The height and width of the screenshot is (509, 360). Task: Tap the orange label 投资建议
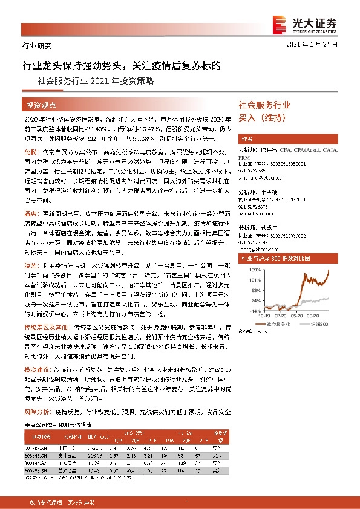pyautogui.click(x=34, y=368)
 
